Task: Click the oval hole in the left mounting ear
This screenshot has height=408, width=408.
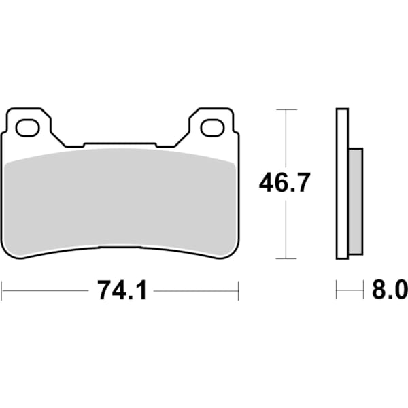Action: click(28, 126)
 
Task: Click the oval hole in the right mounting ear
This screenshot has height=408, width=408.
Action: click(211, 126)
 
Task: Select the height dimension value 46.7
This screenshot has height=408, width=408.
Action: click(285, 184)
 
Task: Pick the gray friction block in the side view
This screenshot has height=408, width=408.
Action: click(356, 202)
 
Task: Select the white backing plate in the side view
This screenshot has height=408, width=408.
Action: click(342, 184)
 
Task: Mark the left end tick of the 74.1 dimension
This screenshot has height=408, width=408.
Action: click(2, 290)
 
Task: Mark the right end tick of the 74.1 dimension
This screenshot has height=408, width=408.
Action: click(239, 290)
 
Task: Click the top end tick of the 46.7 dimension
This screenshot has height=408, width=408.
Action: click(286, 109)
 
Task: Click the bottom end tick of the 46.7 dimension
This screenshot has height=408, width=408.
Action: click(286, 258)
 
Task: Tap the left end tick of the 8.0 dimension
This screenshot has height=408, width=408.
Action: click(337, 290)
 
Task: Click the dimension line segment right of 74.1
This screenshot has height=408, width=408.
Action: click(197, 290)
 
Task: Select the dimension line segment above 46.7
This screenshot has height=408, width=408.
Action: click(286, 139)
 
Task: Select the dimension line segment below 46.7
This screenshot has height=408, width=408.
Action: click(286, 228)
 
